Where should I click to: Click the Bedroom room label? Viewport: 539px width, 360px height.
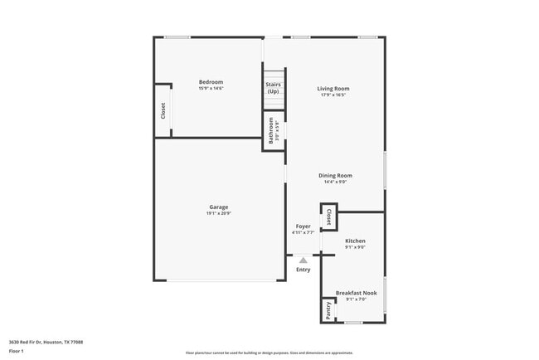(x=211, y=81)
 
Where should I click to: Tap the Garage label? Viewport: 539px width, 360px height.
(x=218, y=207)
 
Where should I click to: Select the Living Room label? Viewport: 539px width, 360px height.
(x=334, y=88)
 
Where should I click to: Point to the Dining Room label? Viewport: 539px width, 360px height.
(x=336, y=175)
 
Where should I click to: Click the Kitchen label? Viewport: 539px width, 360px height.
(x=355, y=241)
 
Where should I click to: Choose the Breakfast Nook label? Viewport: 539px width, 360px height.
(x=356, y=292)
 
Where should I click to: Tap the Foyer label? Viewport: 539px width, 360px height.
(x=303, y=226)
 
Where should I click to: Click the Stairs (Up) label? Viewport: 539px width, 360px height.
(x=273, y=87)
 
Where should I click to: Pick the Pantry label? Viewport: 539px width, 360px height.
(x=328, y=310)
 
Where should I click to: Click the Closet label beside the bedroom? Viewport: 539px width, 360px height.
(x=163, y=109)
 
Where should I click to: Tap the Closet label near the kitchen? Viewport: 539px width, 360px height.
(x=328, y=216)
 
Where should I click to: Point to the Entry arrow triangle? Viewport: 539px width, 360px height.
(x=303, y=260)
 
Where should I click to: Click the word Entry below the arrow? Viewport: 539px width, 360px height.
(x=303, y=269)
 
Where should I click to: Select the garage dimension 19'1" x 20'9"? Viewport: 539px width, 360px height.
(x=218, y=213)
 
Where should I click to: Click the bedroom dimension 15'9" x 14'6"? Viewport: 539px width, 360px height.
(x=211, y=88)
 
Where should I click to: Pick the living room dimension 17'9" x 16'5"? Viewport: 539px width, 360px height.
(x=334, y=95)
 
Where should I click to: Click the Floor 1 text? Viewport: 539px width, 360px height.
(x=17, y=352)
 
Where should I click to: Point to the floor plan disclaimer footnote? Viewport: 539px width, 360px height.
(x=269, y=353)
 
